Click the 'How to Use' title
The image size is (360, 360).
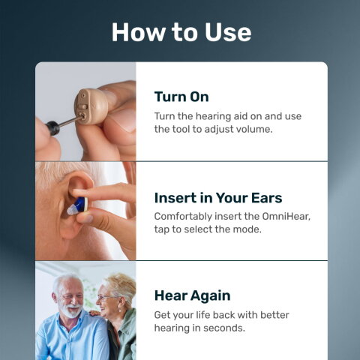pyautogui.click(x=181, y=32)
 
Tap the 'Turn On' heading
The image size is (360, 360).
pyautogui.click(x=181, y=97)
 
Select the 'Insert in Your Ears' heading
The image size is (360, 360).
pyautogui.click(x=218, y=198)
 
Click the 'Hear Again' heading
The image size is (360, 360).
pyautogui.click(x=191, y=295)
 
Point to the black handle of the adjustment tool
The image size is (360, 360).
pyautogui.click(x=53, y=127)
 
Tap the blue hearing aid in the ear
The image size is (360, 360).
pyautogui.click(x=77, y=204)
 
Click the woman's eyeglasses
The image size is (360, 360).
pyautogui.click(x=108, y=297)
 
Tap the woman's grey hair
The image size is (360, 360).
pyautogui.click(x=120, y=283)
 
